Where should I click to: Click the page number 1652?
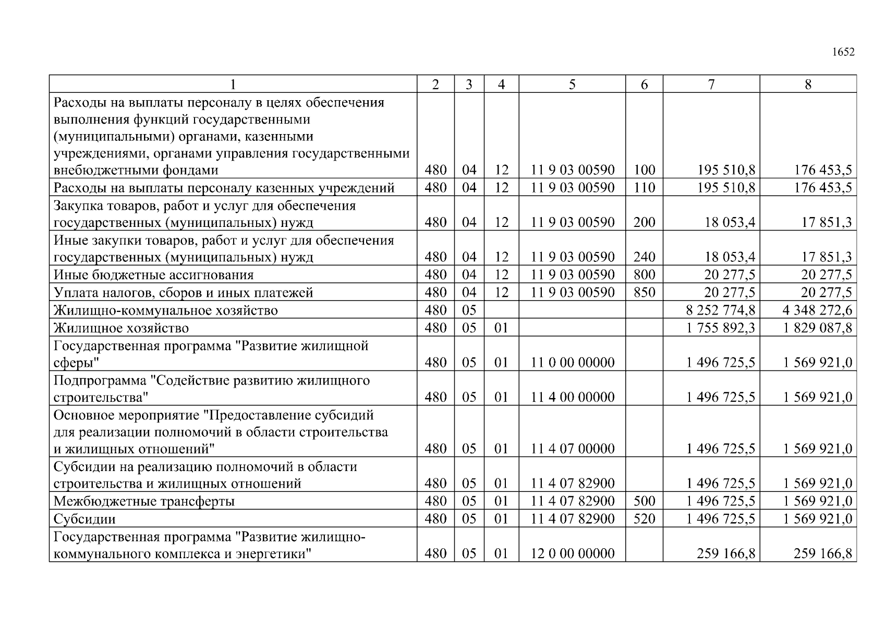tap(843, 52)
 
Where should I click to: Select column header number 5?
tap(572, 85)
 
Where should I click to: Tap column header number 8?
tap(808, 85)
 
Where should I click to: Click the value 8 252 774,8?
tap(720, 310)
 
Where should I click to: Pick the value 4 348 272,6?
tap(817, 310)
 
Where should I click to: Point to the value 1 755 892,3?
tap(720, 328)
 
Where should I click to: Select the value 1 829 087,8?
tap(817, 328)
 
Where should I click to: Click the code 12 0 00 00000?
tap(572, 553)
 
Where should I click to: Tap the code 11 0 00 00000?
tap(572, 363)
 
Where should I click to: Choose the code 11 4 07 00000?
tap(572, 449)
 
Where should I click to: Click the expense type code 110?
tap(644, 188)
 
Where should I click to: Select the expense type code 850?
tap(644, 292)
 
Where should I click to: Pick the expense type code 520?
tap(644, 519)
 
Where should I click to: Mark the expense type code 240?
tap(644, 257)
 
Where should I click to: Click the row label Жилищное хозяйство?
tap(121, 328)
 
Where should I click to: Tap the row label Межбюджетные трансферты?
tap(144, 502)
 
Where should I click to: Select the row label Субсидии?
tap(84, 520)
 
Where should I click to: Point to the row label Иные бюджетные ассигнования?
tap(153, 275)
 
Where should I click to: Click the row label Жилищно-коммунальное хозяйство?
tap(165, 310)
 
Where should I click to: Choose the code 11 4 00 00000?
tap(572, 397)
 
